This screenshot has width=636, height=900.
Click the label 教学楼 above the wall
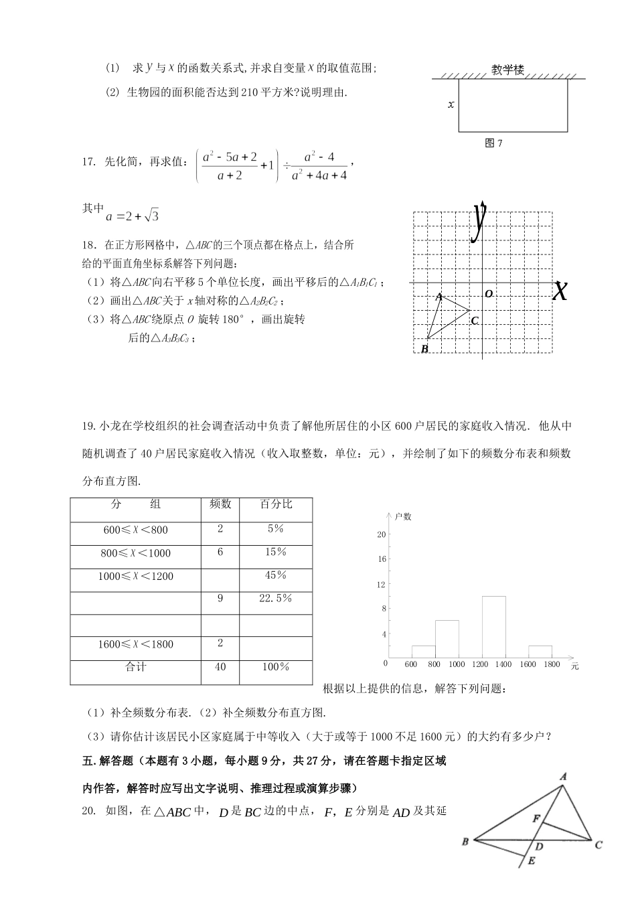point(507,70)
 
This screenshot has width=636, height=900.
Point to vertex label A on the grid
point(439,296)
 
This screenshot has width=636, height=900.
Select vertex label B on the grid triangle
point(424,349)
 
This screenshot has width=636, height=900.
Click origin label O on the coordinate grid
point(489,294)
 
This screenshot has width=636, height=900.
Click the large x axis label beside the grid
point(560,291)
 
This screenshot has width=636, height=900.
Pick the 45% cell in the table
point(276,575)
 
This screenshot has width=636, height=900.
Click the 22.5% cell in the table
point(276,598)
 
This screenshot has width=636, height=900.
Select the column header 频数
point(220,504)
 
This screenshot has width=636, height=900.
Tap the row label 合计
point(136,667)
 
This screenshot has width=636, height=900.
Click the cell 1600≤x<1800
point(136,644)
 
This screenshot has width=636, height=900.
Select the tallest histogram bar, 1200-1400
point(493,627)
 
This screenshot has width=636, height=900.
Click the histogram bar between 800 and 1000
point(447,639)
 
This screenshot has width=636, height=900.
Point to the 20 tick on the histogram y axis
point(382,534)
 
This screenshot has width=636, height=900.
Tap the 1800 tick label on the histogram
point(552,664)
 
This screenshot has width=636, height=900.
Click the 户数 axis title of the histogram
point(403,516)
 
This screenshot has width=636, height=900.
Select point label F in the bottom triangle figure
point(536,819)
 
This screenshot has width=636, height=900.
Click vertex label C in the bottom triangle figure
point(599,845)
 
